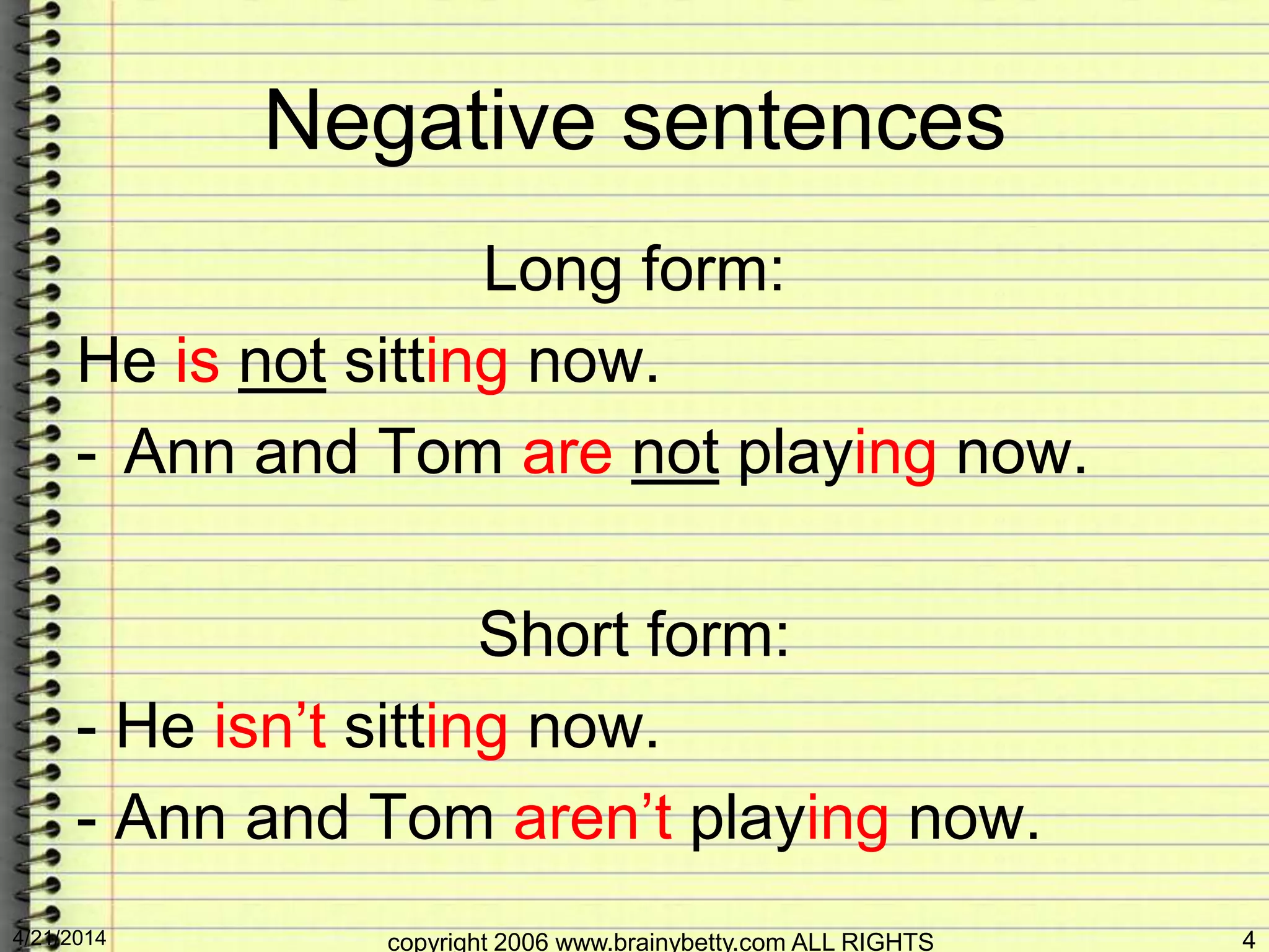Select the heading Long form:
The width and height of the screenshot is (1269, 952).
click(x=633, y=270)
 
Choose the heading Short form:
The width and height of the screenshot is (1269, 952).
click(x=633, y=635)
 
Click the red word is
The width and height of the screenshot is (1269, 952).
click(x=198, y=361)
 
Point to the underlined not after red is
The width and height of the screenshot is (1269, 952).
click(x=283, y=362)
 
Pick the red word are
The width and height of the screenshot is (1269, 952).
click(x=567, y=452)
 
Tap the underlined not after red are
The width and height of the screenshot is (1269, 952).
click(x=675, y=452)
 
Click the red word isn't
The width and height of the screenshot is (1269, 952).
click(x=270, y=725)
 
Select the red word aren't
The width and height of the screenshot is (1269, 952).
click(x=592, y=817)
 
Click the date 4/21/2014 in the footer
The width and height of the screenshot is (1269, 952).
click(x=59, y=937)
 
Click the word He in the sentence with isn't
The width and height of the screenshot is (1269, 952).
click(x=155, y=725)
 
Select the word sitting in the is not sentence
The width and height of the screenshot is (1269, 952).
click(x=426, y=362)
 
